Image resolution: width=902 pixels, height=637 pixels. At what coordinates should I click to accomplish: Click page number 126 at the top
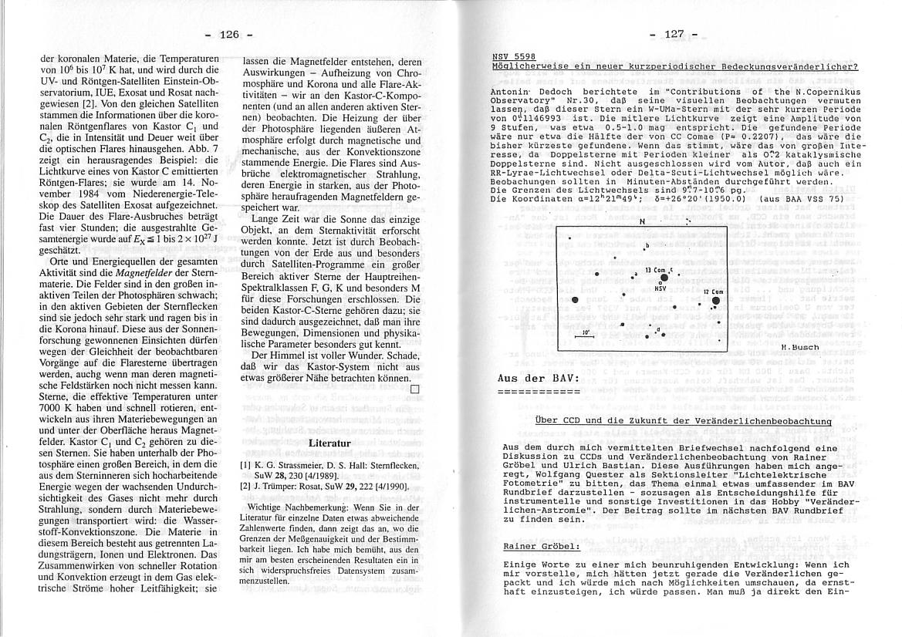pos(229,35)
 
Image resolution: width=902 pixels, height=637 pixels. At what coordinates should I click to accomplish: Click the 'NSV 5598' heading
pos(513,57)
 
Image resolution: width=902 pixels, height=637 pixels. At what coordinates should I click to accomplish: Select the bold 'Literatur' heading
pos(329,443)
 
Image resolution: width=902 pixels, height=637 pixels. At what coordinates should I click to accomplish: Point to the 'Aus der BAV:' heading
pos(538,379)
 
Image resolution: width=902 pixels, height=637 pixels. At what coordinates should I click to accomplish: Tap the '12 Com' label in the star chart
pos(712,292)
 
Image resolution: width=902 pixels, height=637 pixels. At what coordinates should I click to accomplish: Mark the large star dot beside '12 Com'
pos(716,301)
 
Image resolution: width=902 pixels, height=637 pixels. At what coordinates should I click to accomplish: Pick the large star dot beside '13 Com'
pos(664,277)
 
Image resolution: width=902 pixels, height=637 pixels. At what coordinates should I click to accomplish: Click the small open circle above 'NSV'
pos(660,282)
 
